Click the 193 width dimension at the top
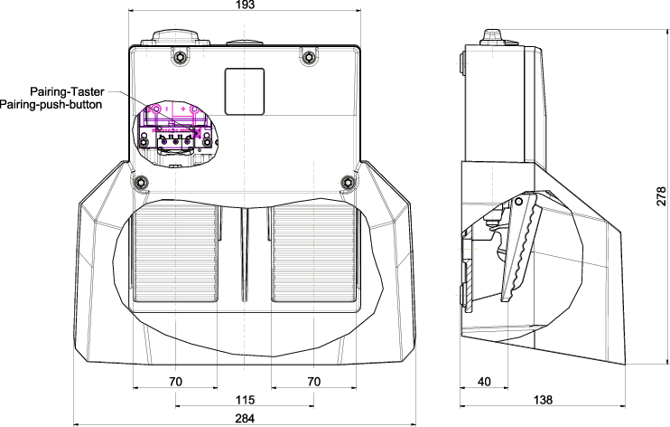(x=245, y=5)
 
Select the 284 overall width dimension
(x=245, y=419)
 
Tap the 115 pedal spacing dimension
(x=245, y=400)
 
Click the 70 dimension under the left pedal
(x=175, y=382)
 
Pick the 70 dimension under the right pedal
(x=313, y=382)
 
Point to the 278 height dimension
(x=661, y=196)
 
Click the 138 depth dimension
(x=543, y=400)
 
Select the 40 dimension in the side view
(x=484, y=382)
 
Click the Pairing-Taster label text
(x=67, y=91)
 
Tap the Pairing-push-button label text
(x=51, y=105)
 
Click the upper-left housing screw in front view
(x=181, y=56)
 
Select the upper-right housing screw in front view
(x=308, y=56)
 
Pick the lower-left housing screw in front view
(x=141, y=183)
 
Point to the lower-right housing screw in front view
(x=349, y=183)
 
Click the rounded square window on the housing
(x=245, y=91)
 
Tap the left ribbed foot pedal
(x=175, y=253)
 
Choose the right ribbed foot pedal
(x=313, y=253)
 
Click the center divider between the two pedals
(x=245, y=254)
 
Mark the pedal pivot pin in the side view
(x=518, y=202)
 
